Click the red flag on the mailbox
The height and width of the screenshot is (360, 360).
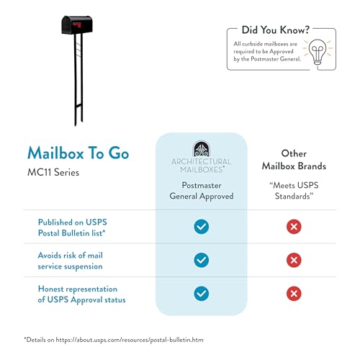coord(78,24)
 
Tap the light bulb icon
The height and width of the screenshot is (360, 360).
coord(318,52)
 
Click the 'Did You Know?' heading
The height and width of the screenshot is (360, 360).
coord(276,30)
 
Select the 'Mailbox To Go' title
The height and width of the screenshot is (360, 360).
coord(78,153)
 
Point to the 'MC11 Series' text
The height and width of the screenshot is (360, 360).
coord(53,172)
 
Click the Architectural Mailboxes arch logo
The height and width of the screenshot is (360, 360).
coord(202,149)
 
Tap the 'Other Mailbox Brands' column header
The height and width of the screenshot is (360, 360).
coord(294,160)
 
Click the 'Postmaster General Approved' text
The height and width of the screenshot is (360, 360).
coord(202,191)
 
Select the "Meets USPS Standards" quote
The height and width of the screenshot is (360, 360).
coord(294,191)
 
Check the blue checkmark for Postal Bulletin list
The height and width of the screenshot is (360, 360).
coord(202,227)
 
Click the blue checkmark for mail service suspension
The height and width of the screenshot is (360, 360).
coord(202,260)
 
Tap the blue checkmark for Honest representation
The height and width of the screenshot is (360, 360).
coord(202,294)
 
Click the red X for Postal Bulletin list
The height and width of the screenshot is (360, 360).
coord(294,227)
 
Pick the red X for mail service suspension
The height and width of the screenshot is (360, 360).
coord(294,260)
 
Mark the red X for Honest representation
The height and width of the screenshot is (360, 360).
coord(294,294)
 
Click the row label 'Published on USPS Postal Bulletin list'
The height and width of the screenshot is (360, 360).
coord(72,228)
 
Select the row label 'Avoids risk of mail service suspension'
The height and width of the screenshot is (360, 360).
coord(70,261)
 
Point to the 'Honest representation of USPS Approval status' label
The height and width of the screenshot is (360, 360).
coord(81,294)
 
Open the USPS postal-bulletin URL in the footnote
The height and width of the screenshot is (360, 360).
coord(130,340)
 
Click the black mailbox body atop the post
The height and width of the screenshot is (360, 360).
coord(77,24)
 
